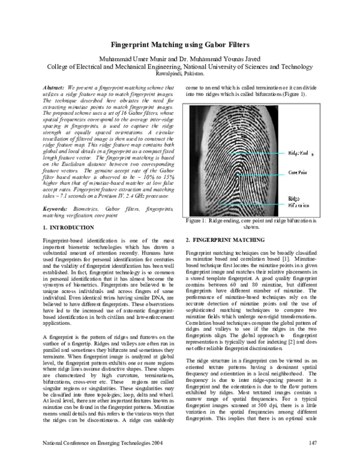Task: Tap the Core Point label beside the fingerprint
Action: [299, 172]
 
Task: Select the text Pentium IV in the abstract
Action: [110, 196]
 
